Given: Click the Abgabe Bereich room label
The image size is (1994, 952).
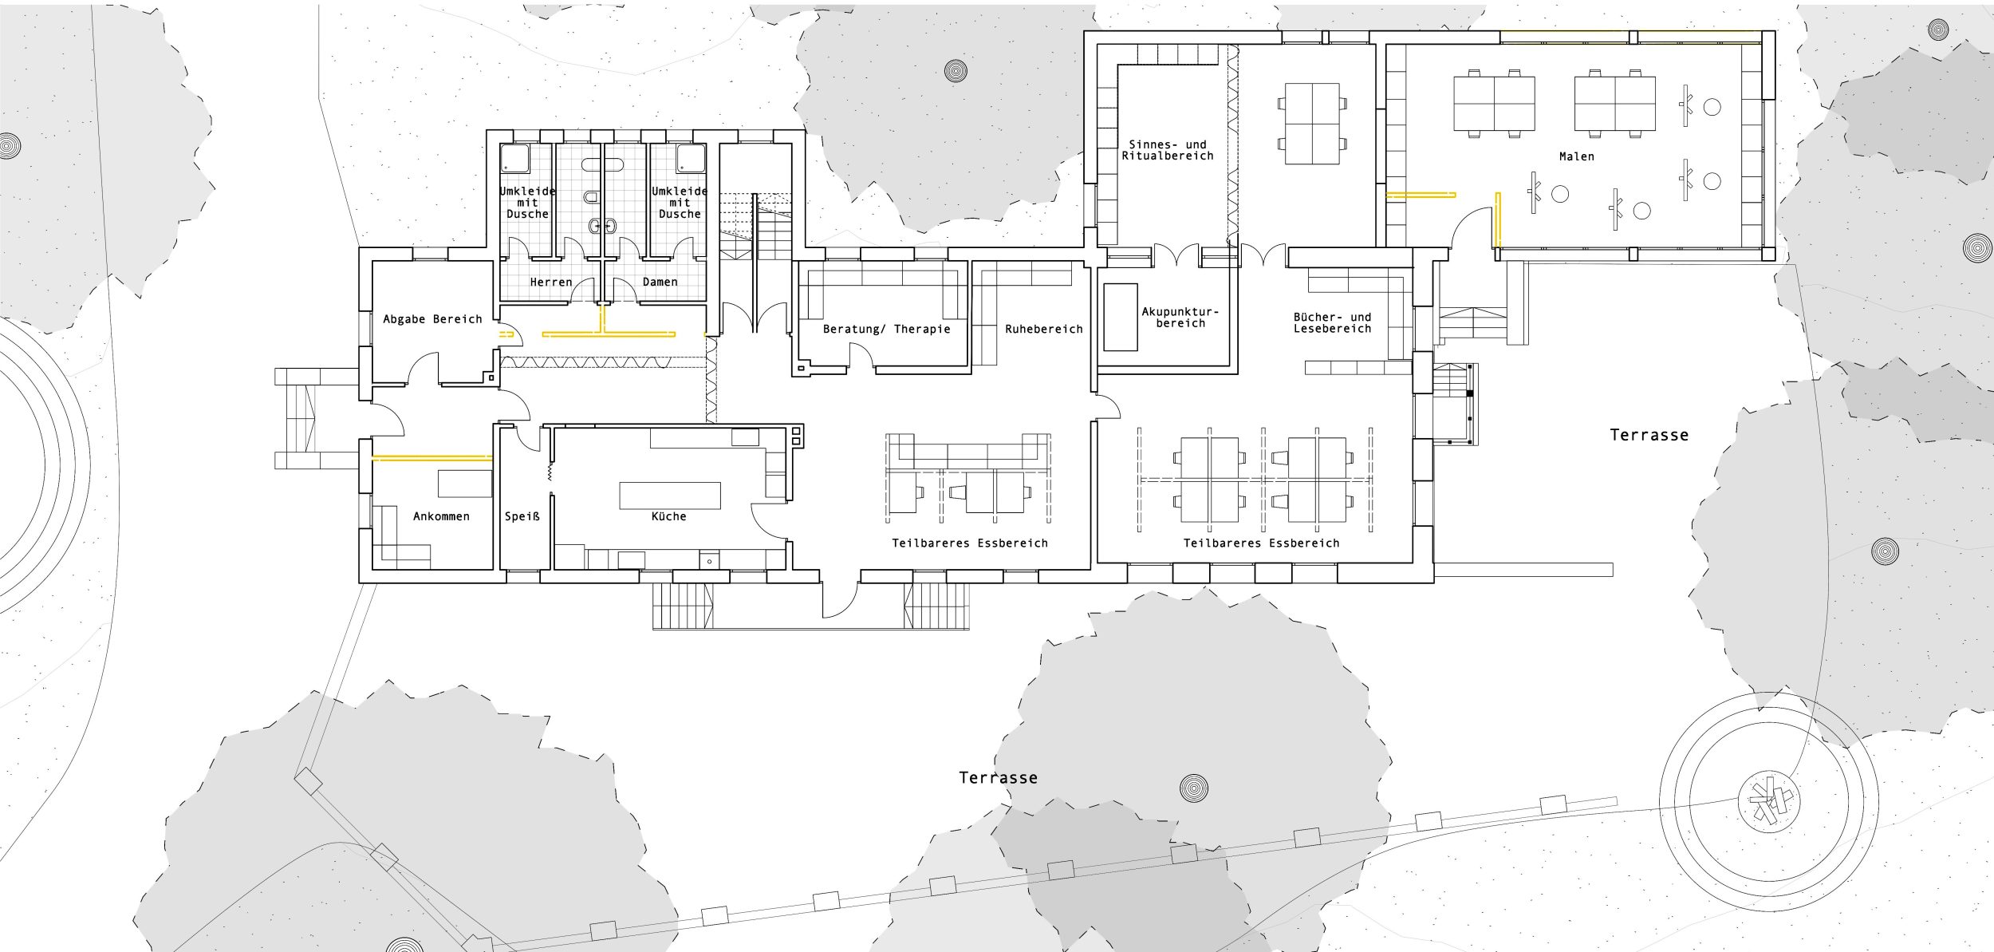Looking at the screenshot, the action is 432,319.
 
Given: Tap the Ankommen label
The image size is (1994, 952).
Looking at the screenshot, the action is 441,516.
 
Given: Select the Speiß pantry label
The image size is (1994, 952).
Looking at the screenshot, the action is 522,516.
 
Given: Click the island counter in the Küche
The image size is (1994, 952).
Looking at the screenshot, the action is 670,496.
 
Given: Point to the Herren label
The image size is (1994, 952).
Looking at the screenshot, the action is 551,282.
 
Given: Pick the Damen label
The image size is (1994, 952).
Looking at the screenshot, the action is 660,282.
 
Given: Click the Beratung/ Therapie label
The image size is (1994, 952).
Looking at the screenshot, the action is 887,329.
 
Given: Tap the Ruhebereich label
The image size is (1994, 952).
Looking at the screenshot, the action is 1044,329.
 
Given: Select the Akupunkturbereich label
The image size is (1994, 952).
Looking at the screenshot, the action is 1180,318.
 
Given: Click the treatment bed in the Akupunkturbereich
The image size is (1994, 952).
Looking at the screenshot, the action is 1121,317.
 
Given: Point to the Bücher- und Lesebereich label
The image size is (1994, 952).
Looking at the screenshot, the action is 1333,322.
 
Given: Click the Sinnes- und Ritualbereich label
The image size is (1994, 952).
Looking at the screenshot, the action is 1168,150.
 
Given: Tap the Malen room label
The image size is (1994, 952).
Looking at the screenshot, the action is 1577,156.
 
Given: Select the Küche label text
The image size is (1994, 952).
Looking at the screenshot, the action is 669,516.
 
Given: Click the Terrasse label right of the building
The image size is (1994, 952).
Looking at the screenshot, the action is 1649,435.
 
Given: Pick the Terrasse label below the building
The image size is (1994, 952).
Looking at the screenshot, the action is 999,777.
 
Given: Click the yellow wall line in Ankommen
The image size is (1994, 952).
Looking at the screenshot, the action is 432,458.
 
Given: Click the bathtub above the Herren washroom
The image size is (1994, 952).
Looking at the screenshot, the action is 601,165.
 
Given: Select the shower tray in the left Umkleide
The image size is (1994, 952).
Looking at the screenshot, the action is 516,159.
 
